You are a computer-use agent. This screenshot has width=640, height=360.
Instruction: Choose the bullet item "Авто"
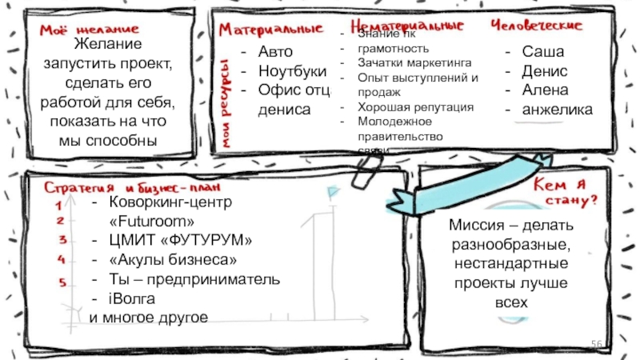click(275, 51)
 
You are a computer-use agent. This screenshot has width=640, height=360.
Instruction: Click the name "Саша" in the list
click(543, 51)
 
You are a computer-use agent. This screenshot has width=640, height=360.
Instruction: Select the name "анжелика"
click(558, 109)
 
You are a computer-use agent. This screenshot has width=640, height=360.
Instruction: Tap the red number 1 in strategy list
click(61, 206)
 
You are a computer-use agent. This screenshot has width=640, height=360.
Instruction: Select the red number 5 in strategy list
click(61, 282)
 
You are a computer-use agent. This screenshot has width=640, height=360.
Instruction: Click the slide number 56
click(597, 343)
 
